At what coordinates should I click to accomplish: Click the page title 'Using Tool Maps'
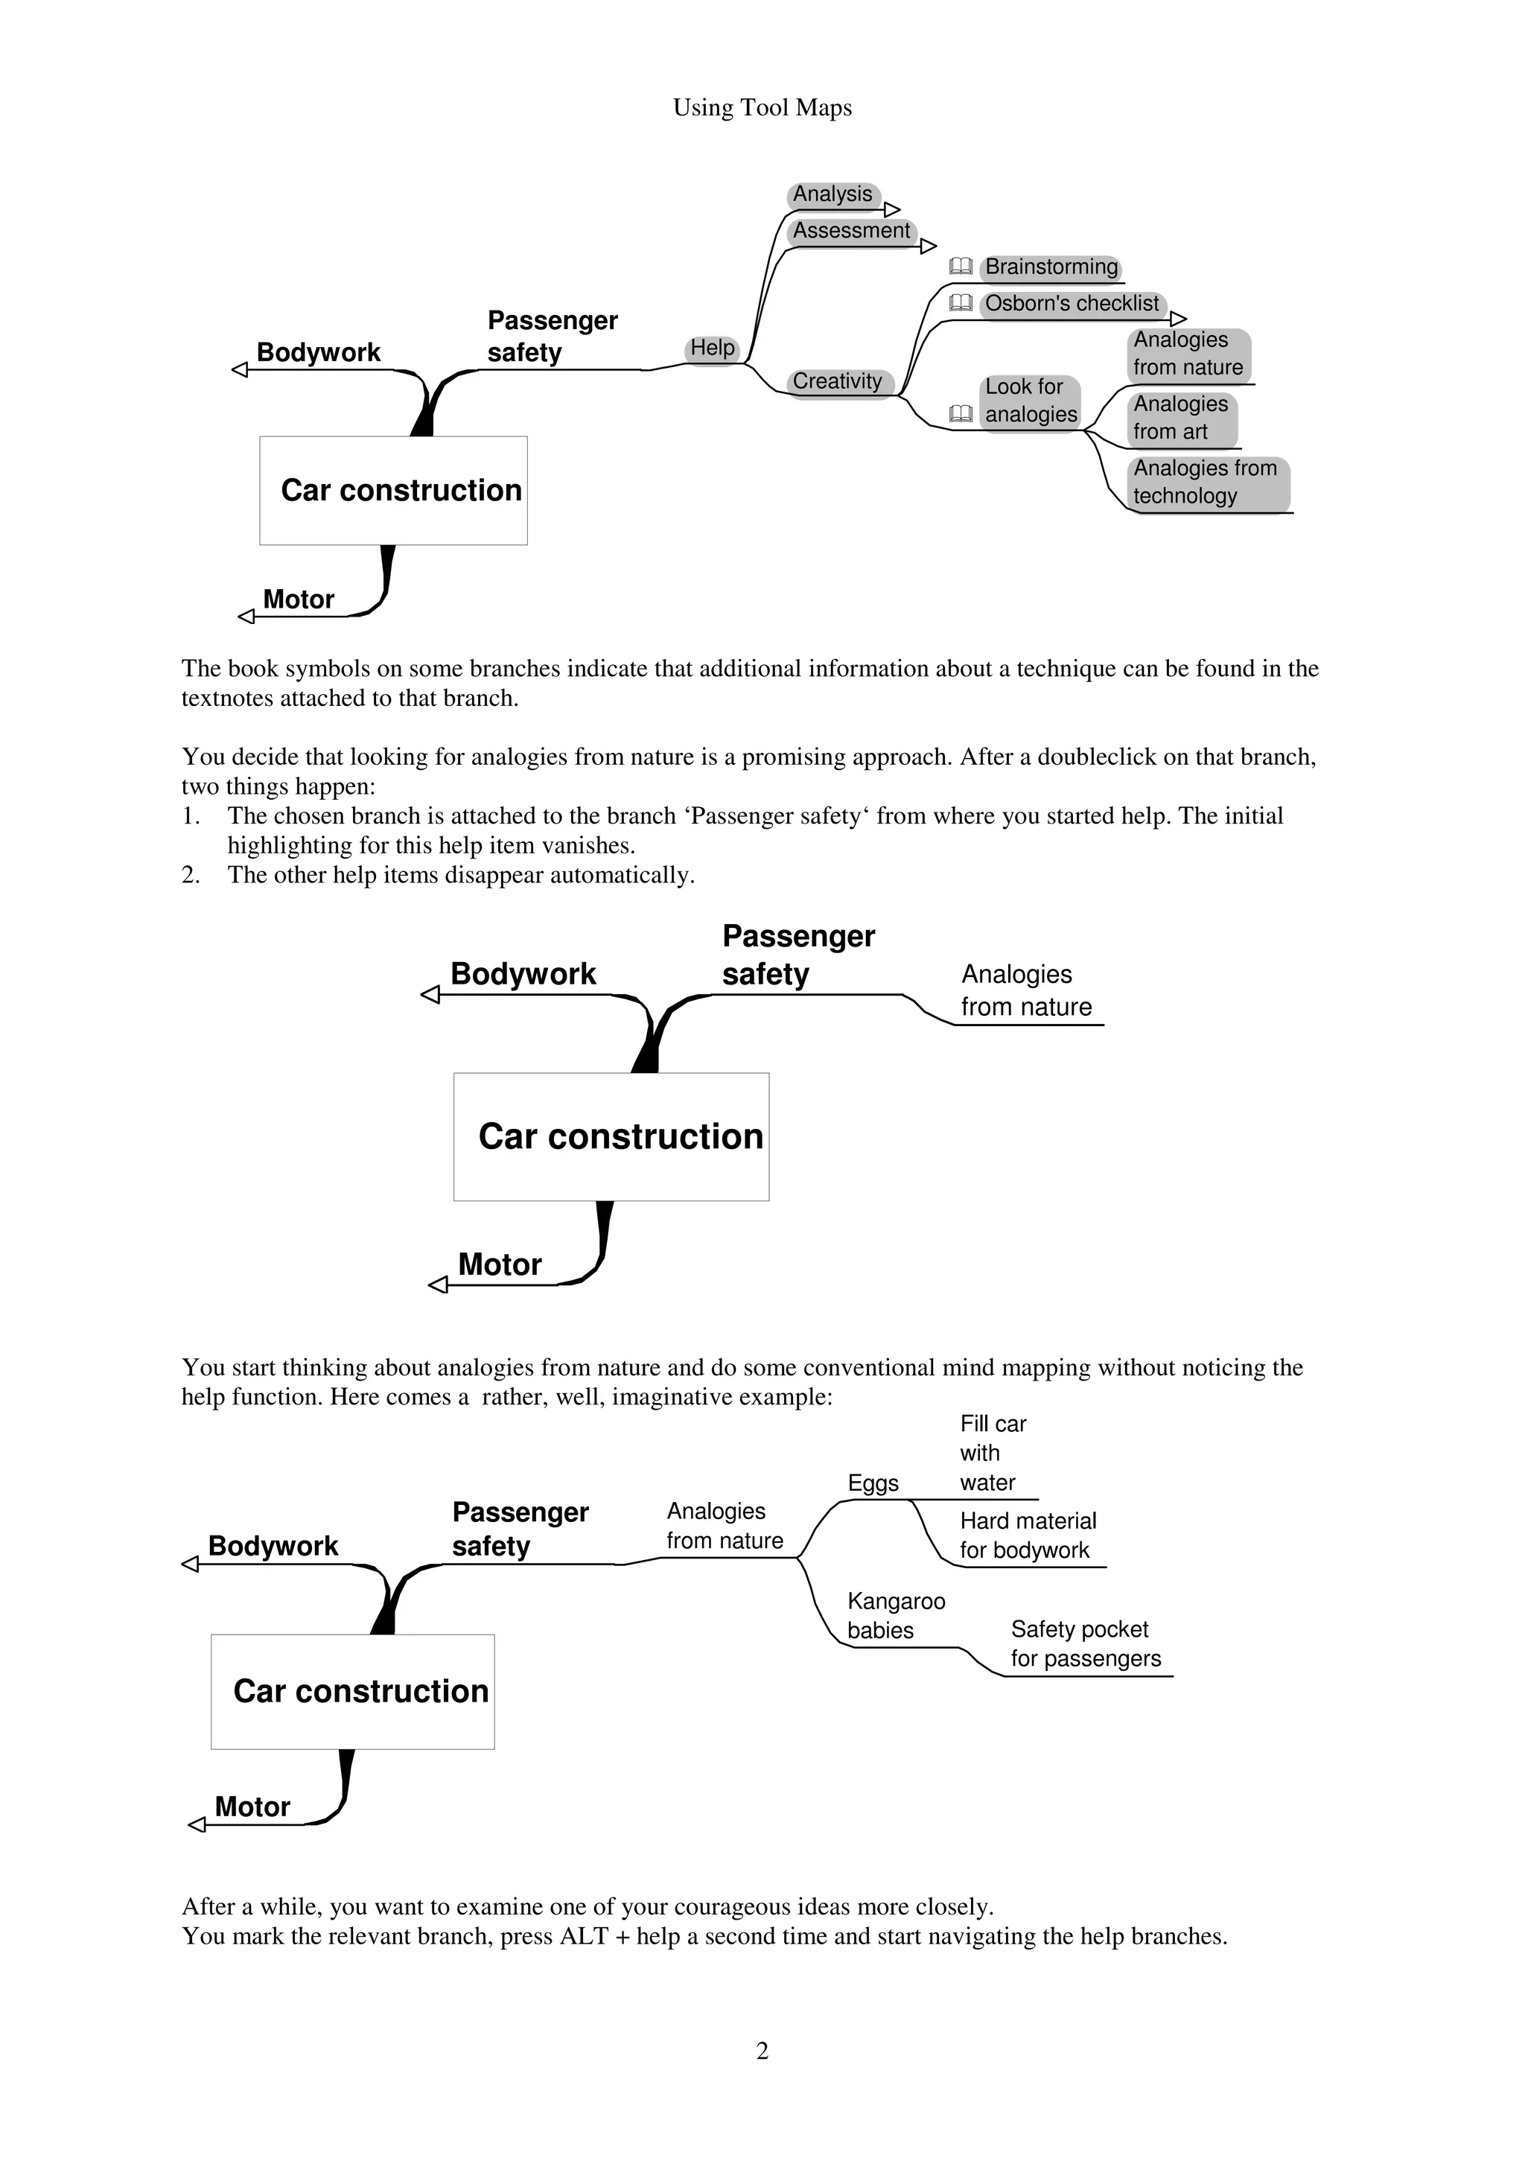762,108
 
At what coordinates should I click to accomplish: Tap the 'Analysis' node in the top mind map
832,194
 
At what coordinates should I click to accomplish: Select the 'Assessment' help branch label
851,231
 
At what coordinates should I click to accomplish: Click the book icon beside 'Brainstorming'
961,267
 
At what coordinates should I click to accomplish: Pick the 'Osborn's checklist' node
1072,304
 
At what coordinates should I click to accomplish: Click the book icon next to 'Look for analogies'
961,413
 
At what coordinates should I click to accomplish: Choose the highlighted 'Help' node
712,348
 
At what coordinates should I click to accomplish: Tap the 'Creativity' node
837,381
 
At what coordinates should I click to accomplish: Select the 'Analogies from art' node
1180,418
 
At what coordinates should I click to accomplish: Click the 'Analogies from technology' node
1206,483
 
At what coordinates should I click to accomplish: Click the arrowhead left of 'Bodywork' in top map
240,370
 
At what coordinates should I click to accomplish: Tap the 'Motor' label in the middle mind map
500,1264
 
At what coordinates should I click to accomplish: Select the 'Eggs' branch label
873,1483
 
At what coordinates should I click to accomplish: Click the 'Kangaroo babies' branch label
896,1616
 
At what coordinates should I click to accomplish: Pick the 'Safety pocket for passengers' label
1085,1644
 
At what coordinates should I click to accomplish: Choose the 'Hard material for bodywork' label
1028,1535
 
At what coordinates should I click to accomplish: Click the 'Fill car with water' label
993,1453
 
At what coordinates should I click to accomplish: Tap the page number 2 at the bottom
762,2050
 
